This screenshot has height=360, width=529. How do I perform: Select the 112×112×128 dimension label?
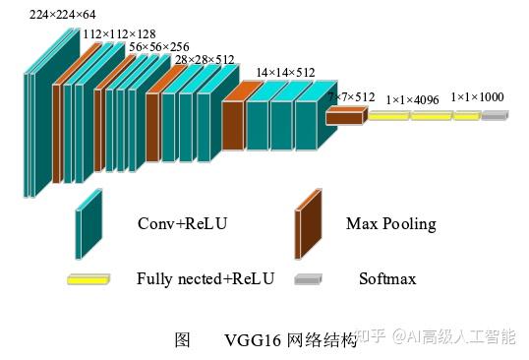click(x=118, y=32)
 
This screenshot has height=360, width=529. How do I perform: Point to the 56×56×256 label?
click(x=159, y=46)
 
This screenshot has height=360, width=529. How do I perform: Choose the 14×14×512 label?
click(x=285, y=73)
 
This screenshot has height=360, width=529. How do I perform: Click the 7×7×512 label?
click(x=352, y=96)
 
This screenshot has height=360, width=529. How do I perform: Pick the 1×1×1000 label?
click(x=478, y=97)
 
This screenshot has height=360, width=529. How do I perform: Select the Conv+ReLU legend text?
click(x=182, y=224)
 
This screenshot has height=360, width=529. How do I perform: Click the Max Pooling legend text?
click(x=390, y=224)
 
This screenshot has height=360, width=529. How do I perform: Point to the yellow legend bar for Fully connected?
click(x=88, y=279)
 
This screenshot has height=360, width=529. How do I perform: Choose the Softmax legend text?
click(x=387, y=279)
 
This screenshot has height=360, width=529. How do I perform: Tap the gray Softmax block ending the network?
click(x=496, y=115)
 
